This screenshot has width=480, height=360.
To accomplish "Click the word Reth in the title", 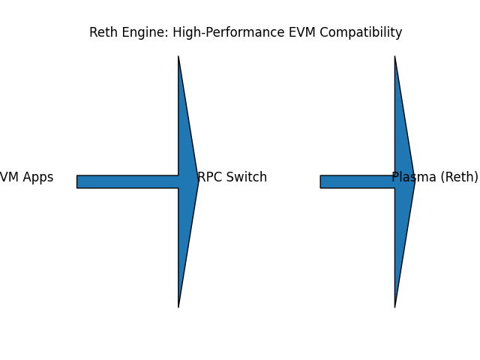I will point(103,33).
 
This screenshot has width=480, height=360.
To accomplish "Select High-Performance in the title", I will point(229,33).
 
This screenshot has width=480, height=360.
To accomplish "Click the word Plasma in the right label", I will point(413,178).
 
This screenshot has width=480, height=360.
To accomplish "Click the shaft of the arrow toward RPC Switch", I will point(127,181).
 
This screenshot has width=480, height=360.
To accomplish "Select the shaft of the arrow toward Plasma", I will point(358,181).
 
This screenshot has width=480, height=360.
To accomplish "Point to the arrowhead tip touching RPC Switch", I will point(197,181).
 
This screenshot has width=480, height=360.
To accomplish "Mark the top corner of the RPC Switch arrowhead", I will point(178,57).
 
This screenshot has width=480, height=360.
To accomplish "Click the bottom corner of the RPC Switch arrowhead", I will point(178,306).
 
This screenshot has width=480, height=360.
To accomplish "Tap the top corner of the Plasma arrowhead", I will point(395,57).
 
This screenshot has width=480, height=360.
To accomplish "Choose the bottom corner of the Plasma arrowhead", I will point(395,306).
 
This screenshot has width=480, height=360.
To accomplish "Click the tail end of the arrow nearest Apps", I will point(78,181).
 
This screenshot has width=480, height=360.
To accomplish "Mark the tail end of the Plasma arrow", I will point(322,181).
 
